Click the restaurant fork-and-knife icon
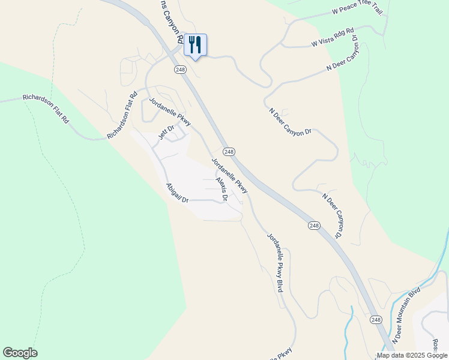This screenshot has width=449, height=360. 195,44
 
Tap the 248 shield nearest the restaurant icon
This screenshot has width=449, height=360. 181,70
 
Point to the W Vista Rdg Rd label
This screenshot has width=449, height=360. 333,37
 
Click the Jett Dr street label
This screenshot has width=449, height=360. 166,132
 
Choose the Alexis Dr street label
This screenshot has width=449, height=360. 221,188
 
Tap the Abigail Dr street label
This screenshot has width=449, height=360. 177,192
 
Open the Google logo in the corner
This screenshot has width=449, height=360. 20,353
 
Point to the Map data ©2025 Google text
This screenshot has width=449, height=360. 412,355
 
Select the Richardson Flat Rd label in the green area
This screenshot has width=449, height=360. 46,107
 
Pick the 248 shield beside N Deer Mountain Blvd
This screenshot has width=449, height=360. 375,320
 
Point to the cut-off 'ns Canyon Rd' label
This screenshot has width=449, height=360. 170,21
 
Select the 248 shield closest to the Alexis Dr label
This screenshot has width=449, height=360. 229,152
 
